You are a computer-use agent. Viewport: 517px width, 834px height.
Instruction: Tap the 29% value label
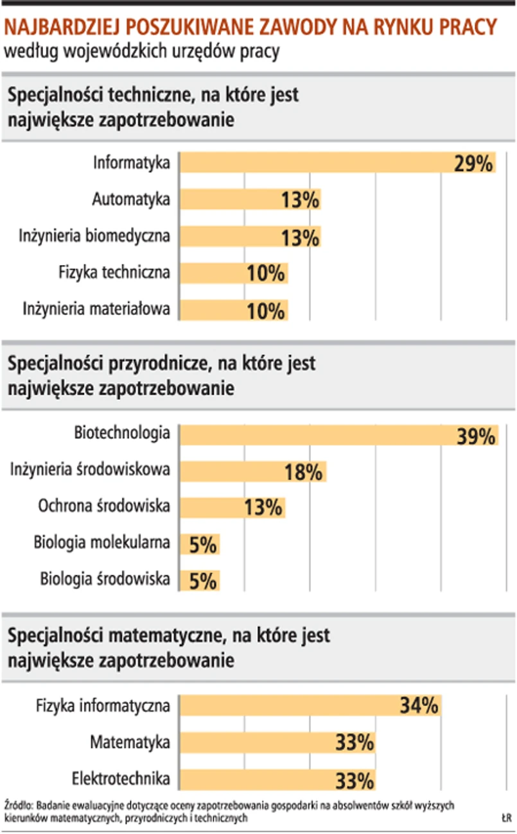[x=473, y=164]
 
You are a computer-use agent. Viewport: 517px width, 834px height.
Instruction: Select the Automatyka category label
[x=131, y=200]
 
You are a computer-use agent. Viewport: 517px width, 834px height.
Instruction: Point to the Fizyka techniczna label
[x=114, y=273]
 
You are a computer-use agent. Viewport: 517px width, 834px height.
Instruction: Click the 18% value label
[x=302, y=473]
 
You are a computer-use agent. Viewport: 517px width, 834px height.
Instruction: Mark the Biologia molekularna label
[x=101, y=543]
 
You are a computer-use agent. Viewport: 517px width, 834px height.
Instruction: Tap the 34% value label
[x=419, y=706]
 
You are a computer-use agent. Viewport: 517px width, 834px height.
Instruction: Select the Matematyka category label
[x=130, y=743]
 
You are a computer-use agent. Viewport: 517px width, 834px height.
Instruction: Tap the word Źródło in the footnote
[x=19, y=804]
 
